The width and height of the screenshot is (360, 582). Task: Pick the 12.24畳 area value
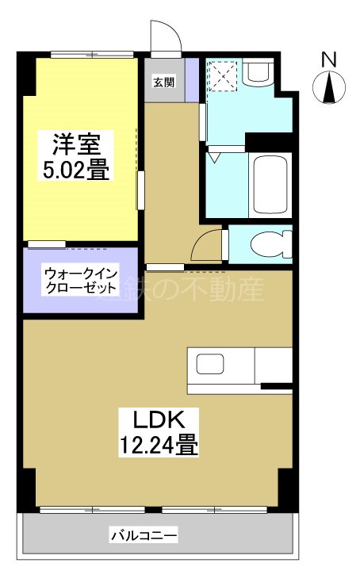[159, 445]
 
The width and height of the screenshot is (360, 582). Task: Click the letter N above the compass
[329, 58]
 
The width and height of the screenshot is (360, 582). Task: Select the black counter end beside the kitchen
[277, 387]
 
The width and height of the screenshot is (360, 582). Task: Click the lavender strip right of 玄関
[192, 81]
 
